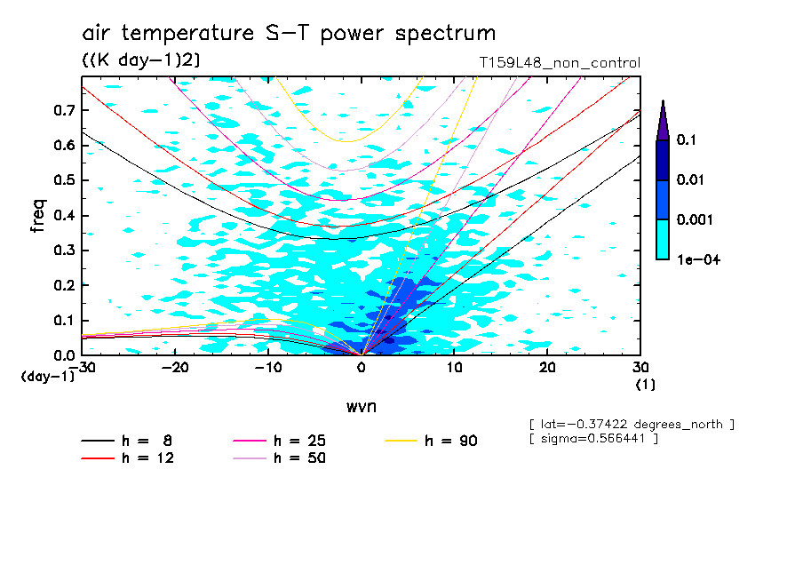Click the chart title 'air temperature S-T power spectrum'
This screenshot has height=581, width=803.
[x=289, y=34]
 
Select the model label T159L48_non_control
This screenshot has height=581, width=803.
[x=558, y=63]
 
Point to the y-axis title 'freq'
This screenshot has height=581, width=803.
[x=37, y=216]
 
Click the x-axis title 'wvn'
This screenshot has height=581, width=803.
[x=361, y=406]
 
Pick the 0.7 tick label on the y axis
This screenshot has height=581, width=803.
[x=62, y=110]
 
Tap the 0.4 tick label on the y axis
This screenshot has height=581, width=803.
[x=62, y=215]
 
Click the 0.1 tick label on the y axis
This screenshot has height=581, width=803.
[x=62, y=320]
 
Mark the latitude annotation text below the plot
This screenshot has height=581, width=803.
[x=631, y=424]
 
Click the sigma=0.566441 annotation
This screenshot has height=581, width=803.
[x=592, y=440]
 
